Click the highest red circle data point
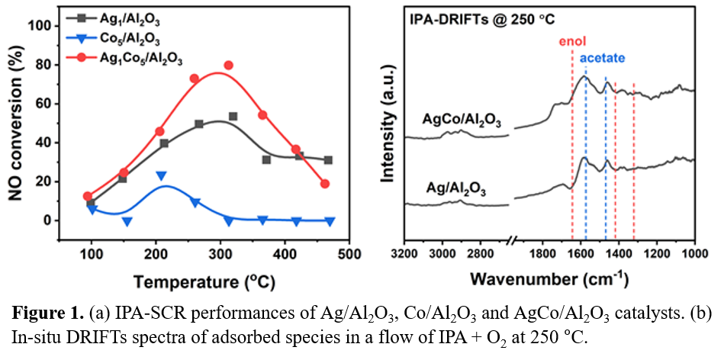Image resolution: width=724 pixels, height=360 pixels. (228, 66)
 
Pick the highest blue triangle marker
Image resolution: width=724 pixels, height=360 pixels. (161, 176)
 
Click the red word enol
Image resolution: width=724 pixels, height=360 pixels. (571, 42)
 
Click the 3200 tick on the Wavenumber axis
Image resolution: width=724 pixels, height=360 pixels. (404, 253)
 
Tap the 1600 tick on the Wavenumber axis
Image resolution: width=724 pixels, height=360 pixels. (581, 253)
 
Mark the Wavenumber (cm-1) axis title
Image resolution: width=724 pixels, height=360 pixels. (549, 279)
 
